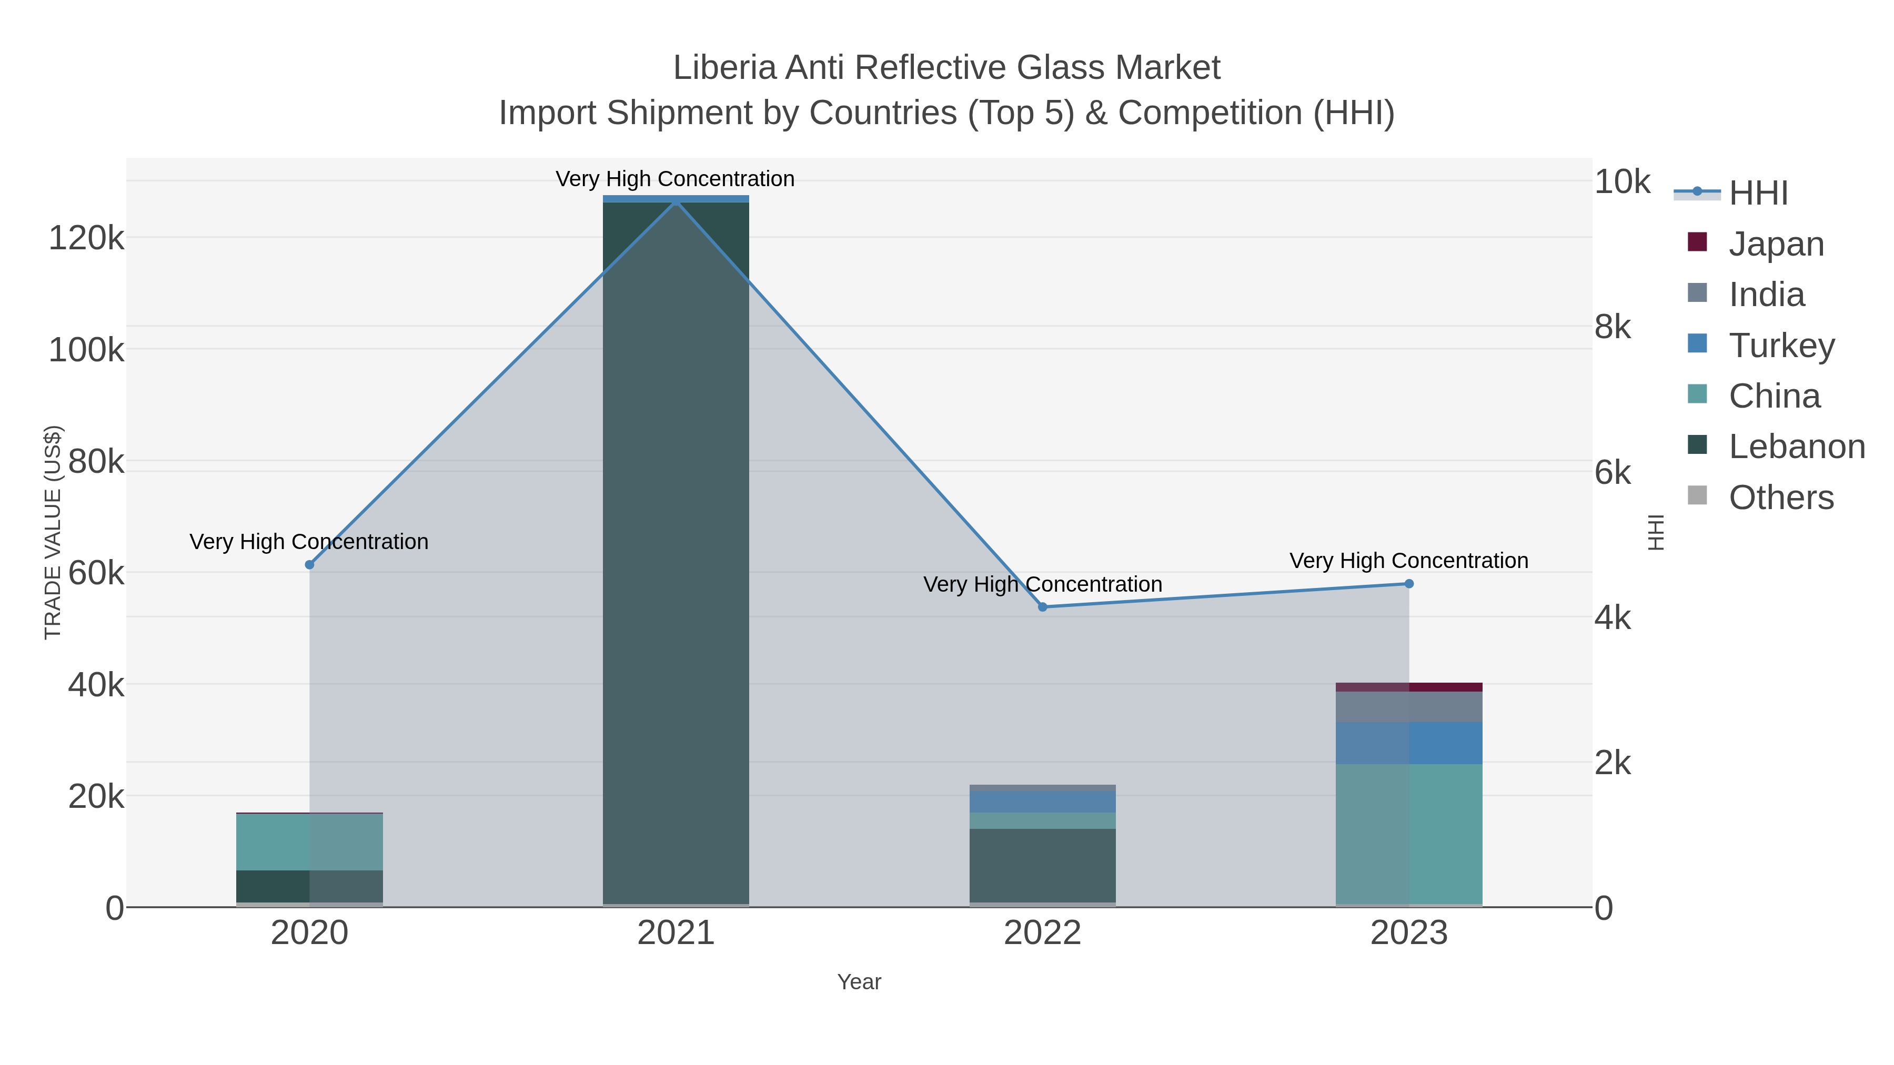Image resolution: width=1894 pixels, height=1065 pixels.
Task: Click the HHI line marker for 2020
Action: (309, 564)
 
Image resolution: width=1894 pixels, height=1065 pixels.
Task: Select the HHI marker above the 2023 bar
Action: (1409, 584)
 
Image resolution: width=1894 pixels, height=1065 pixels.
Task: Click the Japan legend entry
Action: (1776, 244)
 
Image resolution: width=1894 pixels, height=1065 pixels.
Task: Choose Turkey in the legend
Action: (1781, 346)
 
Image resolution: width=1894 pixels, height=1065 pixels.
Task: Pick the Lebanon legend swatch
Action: (1697, 444)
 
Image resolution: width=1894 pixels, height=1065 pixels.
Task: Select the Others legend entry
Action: (1781, 498)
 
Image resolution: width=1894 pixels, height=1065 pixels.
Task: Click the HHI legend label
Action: (1758, 194)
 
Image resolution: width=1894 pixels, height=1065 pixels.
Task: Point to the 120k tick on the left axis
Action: (86, 238)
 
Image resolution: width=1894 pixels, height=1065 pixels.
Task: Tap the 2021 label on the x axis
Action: (676, 932)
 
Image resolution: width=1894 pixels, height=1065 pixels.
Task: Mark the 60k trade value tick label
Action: (96, 573)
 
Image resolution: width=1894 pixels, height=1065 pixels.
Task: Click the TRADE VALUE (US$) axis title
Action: (53, 532)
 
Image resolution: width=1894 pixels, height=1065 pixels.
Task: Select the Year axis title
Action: (859, 982)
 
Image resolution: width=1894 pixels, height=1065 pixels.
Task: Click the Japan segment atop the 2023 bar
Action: (1409, 687)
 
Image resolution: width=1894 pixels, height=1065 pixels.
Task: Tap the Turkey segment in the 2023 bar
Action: (1409, 743)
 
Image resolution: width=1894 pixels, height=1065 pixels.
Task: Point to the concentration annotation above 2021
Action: (675, 179)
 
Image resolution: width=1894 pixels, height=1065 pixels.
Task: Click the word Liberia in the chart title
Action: (723, 68)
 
